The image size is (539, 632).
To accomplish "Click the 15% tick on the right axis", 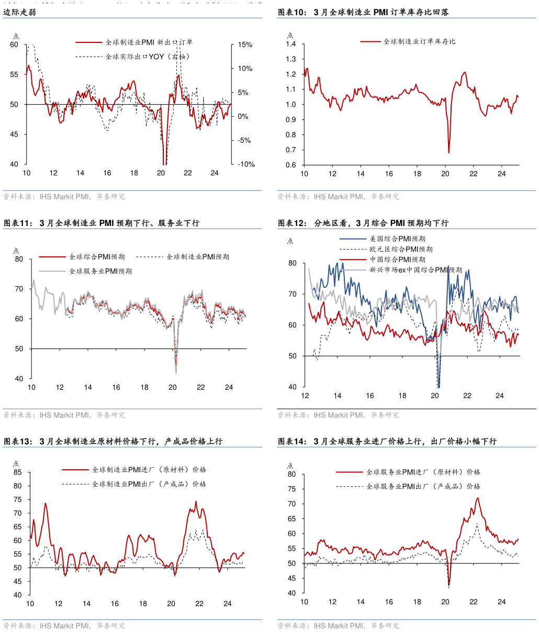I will point(245,45).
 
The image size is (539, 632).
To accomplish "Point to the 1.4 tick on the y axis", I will point(291,44).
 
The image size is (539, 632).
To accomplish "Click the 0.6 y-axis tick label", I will point(291,165).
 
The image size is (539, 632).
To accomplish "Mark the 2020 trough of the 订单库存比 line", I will point(449,152).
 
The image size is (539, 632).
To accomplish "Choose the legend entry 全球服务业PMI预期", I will point(100,271).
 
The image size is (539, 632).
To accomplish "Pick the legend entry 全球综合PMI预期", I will point(97,257).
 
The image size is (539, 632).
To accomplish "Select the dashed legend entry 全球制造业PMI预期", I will point(198,257).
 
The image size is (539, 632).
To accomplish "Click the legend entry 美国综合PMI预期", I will point(397,239).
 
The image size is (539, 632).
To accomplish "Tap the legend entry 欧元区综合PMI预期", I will point(401,249).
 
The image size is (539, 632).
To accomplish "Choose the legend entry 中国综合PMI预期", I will point(397,259).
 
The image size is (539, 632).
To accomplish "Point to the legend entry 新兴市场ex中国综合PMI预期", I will point(416,270).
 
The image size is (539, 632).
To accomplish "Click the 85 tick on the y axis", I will point(18,472).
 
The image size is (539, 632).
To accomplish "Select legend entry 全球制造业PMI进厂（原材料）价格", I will point(149,470).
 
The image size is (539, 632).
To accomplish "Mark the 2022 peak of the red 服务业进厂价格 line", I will point(478,498).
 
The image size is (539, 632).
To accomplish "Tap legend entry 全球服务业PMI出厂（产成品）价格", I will point(423,486).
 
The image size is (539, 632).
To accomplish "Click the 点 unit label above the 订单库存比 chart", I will point(290,35).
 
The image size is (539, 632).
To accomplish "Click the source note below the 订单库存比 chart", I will point(338,197).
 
